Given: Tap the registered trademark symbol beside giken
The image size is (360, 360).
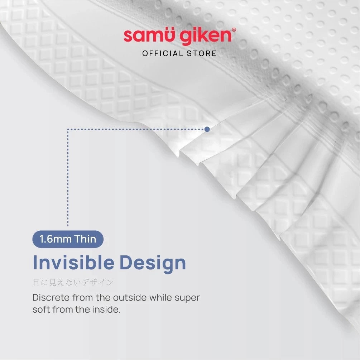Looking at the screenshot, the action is pyautogui.click(x=234, y=30).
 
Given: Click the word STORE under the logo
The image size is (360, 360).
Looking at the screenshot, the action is pyautogui.click(x=201, y=53).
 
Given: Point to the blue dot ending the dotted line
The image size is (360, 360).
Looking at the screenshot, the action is pyautogui.click(x=207, y=129).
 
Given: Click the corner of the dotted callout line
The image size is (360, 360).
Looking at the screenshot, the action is pyautogui.click(x=68, y=129).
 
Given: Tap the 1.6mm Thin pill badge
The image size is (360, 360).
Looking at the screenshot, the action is pyautogui.click(x=68, y=239).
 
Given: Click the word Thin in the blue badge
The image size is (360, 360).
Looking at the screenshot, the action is pyautogui.click(x=85, y=239).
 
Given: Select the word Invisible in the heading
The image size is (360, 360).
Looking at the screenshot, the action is pyautogui.click(x=74, y=262).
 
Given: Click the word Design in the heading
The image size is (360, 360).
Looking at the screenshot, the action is pyautogui.click(x=153, y=264).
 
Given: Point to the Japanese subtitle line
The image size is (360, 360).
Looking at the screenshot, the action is pyautogui.click(x=73, y=282).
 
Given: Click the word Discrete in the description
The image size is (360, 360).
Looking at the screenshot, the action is pyautogui.click(x=51, y=298).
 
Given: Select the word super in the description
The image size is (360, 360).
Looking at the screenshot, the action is pyautogui.click(x=187, y=298).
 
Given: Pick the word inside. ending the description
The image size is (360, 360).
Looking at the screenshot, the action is pyautogui.click(x=106, y=309).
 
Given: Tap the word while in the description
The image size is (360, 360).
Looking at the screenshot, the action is pyautogui.click(x=161, y=298).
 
